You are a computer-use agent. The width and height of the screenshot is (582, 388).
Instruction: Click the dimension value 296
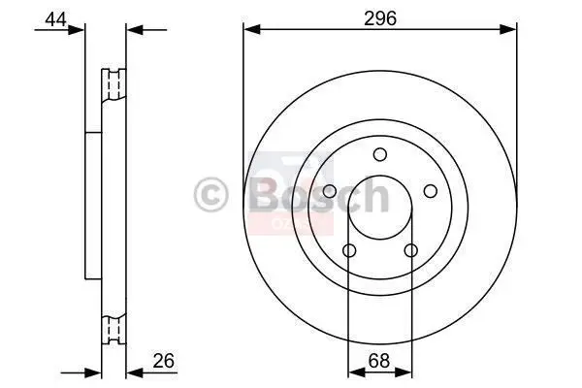380,18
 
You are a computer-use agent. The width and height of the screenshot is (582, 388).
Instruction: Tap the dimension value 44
55,19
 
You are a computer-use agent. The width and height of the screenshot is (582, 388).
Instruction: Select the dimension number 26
164,360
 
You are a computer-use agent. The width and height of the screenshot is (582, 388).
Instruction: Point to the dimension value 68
379,361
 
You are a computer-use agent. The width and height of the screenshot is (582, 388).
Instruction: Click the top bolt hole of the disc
379,154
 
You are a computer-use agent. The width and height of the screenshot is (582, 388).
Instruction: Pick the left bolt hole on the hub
330,192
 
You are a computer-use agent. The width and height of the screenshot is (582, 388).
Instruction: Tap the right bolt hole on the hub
430,191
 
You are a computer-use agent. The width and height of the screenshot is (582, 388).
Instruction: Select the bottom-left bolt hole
349,250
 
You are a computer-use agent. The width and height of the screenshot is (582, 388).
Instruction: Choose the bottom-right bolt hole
411,250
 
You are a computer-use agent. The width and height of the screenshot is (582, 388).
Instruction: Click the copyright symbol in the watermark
210,195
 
